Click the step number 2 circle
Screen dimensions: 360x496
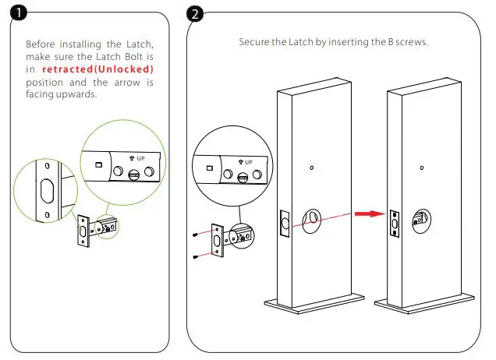[195, 12]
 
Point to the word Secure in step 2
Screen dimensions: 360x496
[255, 41]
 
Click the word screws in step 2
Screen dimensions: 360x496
[412, 41]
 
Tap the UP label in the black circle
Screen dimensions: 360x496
[249, 161]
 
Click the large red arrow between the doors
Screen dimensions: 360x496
[367, 212]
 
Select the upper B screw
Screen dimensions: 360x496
[194, 233]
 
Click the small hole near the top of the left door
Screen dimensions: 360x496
[312, 168]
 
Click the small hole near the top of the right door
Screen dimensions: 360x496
[421, 168]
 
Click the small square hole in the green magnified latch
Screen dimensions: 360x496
[98, 165]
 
